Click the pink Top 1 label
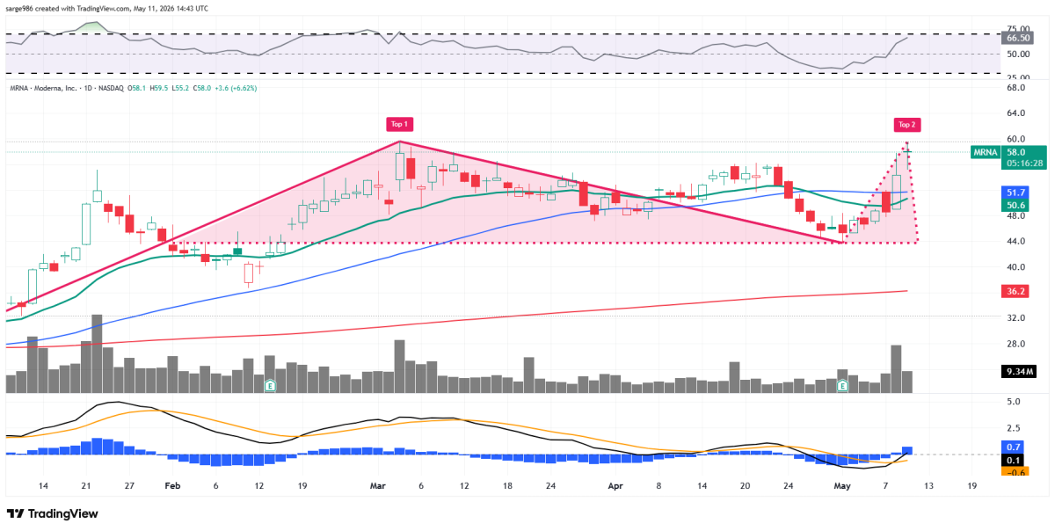coord(399,124)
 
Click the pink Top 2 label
coord(907,125)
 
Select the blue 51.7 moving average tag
coord(1015,193)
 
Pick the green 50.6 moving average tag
coord(1015,205)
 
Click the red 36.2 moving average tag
coord(1015,291)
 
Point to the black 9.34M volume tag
coord(1019,372)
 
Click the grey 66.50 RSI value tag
coord(1017,38)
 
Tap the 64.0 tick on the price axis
coord(1015,113)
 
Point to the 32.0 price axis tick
coord(1015,318)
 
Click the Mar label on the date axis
coord(378,486)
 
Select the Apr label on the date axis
coord(615,486)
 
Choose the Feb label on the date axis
coord(172,486)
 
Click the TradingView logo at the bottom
coord(52,513)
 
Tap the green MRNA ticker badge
coord(986,152)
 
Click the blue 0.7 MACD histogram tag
coord(1015,447)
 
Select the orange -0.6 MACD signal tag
coord(1015,472)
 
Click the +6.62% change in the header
coord(244,88)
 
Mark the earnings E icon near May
coord(842,386)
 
